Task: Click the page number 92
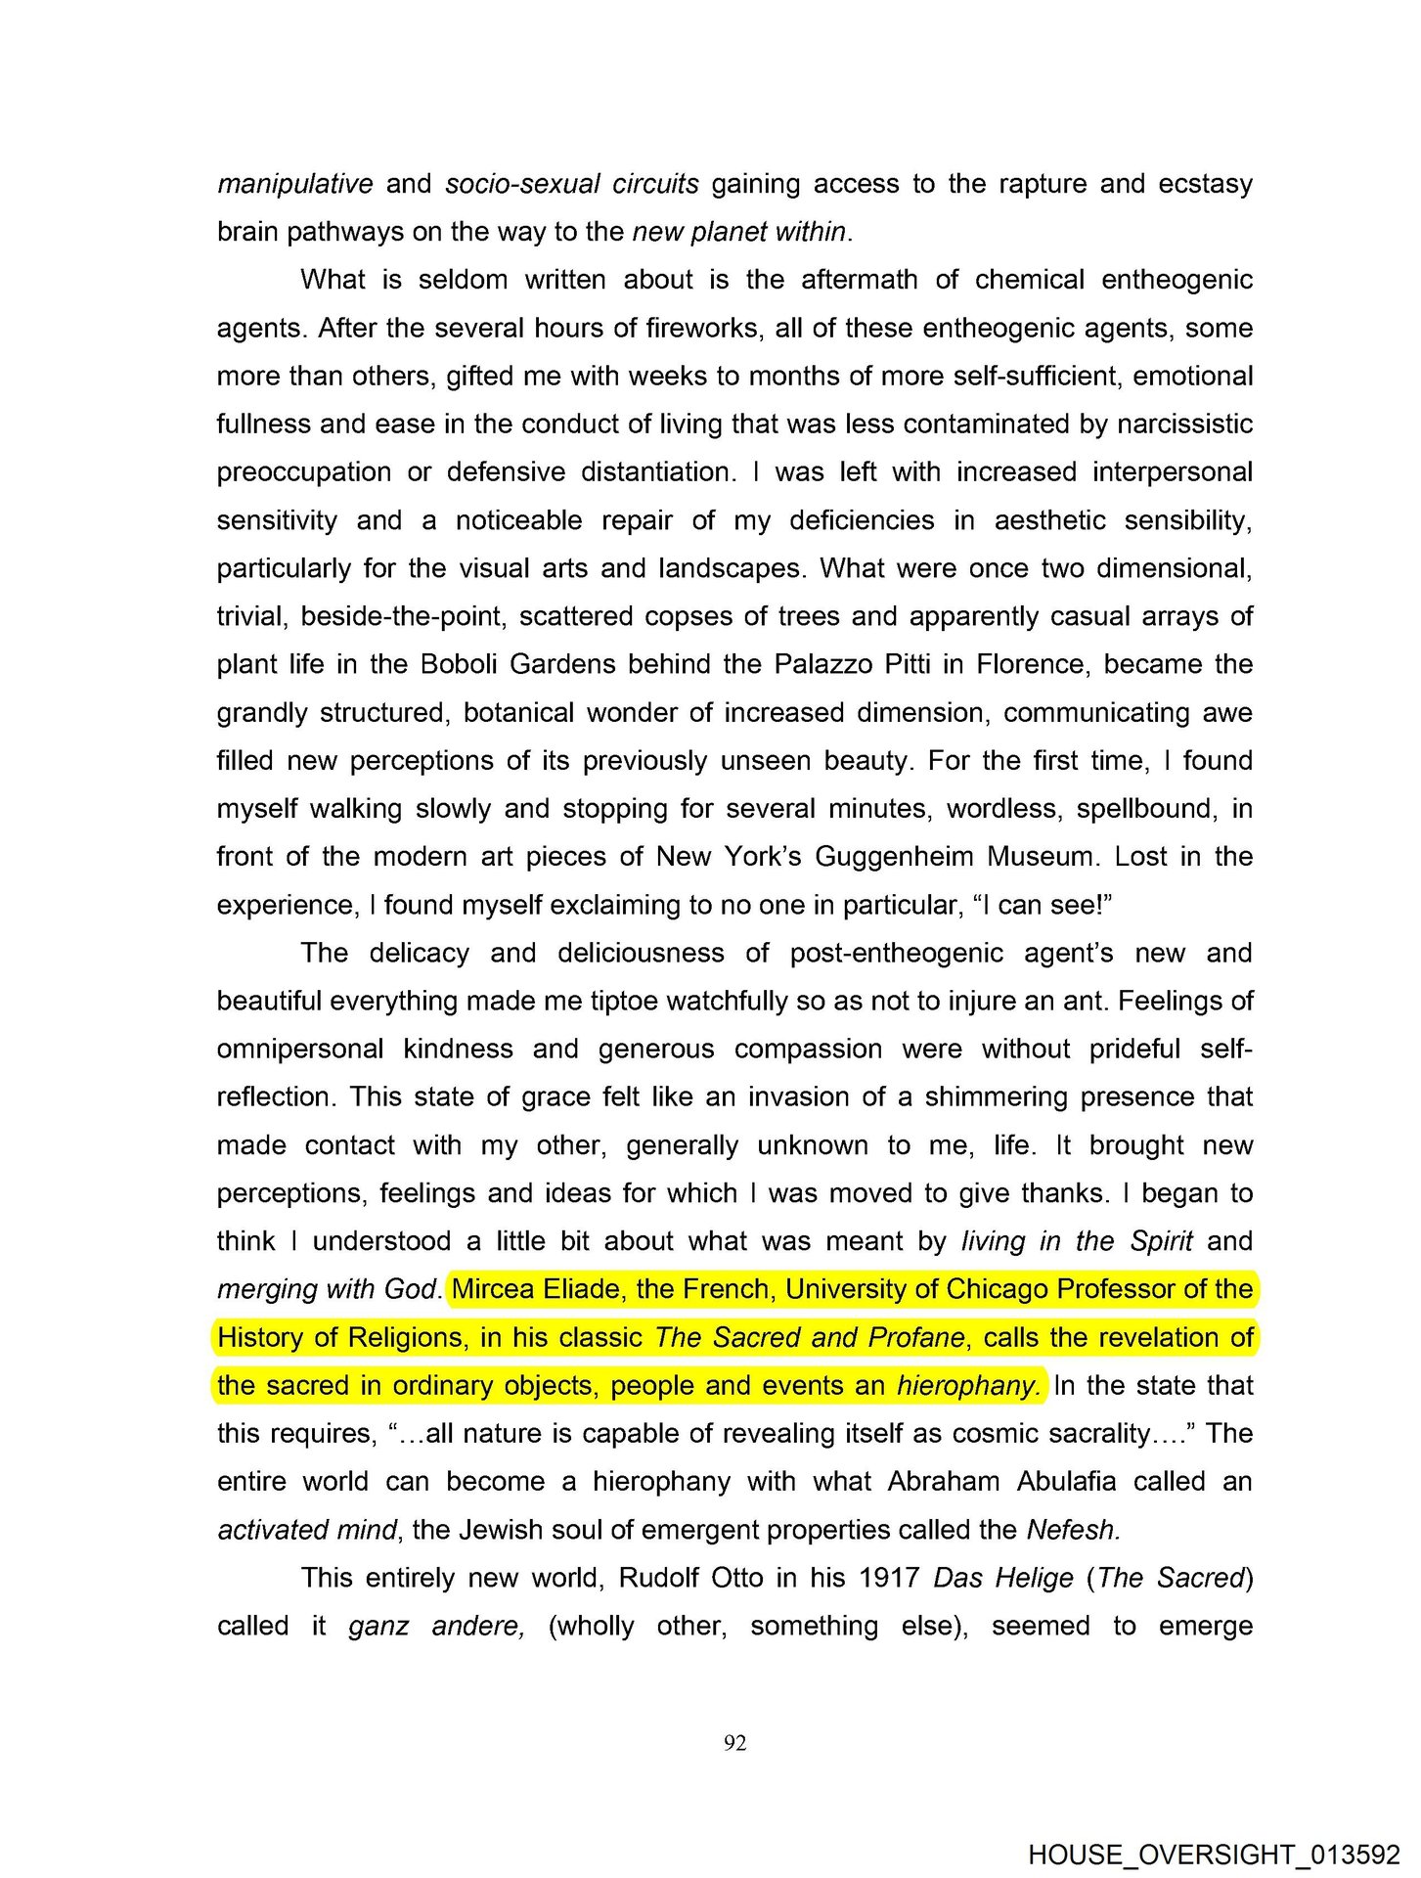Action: [x=735, y=1742]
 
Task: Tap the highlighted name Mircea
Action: [x=493, y=1289]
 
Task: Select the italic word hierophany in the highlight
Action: [x=968, y=1386]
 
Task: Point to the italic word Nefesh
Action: [x=1073, y=1530]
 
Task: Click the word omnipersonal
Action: [x=300, y=1050]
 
